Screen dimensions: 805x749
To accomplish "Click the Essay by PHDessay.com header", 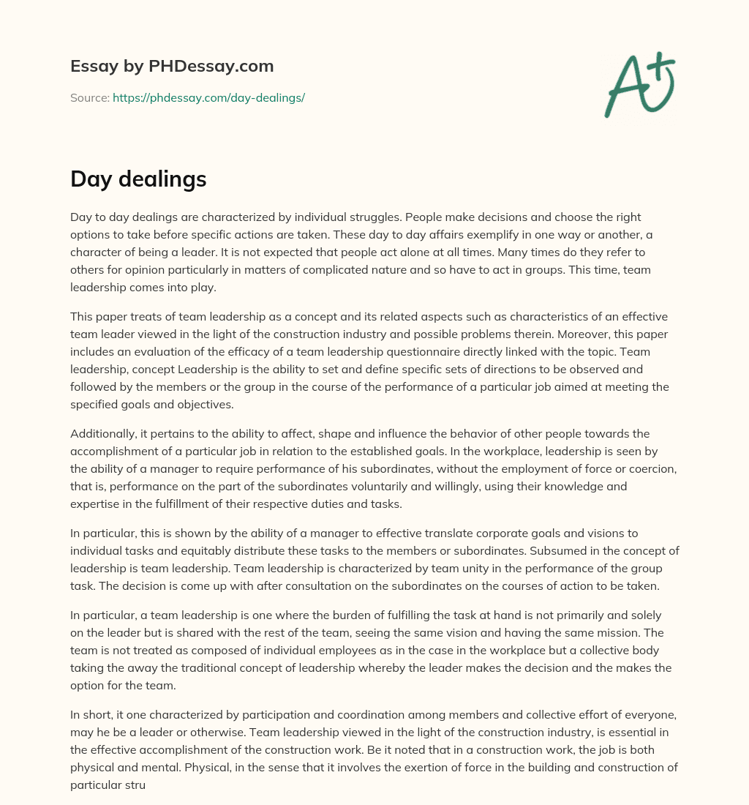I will click(x=172, y=67).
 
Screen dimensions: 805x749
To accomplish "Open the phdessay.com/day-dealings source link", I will click(x=208, y=97).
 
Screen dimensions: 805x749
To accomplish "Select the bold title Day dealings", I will click(x=138, y=179).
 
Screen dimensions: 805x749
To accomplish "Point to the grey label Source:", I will click(x=90, y=97).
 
